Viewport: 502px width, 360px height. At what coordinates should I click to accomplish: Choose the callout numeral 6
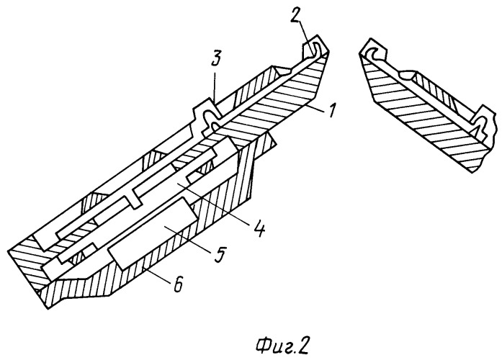[178, 284]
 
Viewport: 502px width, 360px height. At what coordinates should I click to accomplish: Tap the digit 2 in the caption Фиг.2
[302, 346]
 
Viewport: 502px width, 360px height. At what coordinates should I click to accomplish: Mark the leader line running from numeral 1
[315, 107]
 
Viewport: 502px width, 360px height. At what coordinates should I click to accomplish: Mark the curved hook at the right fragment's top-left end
[372, 55]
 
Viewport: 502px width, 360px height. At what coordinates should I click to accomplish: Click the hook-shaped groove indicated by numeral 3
[210, 117]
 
